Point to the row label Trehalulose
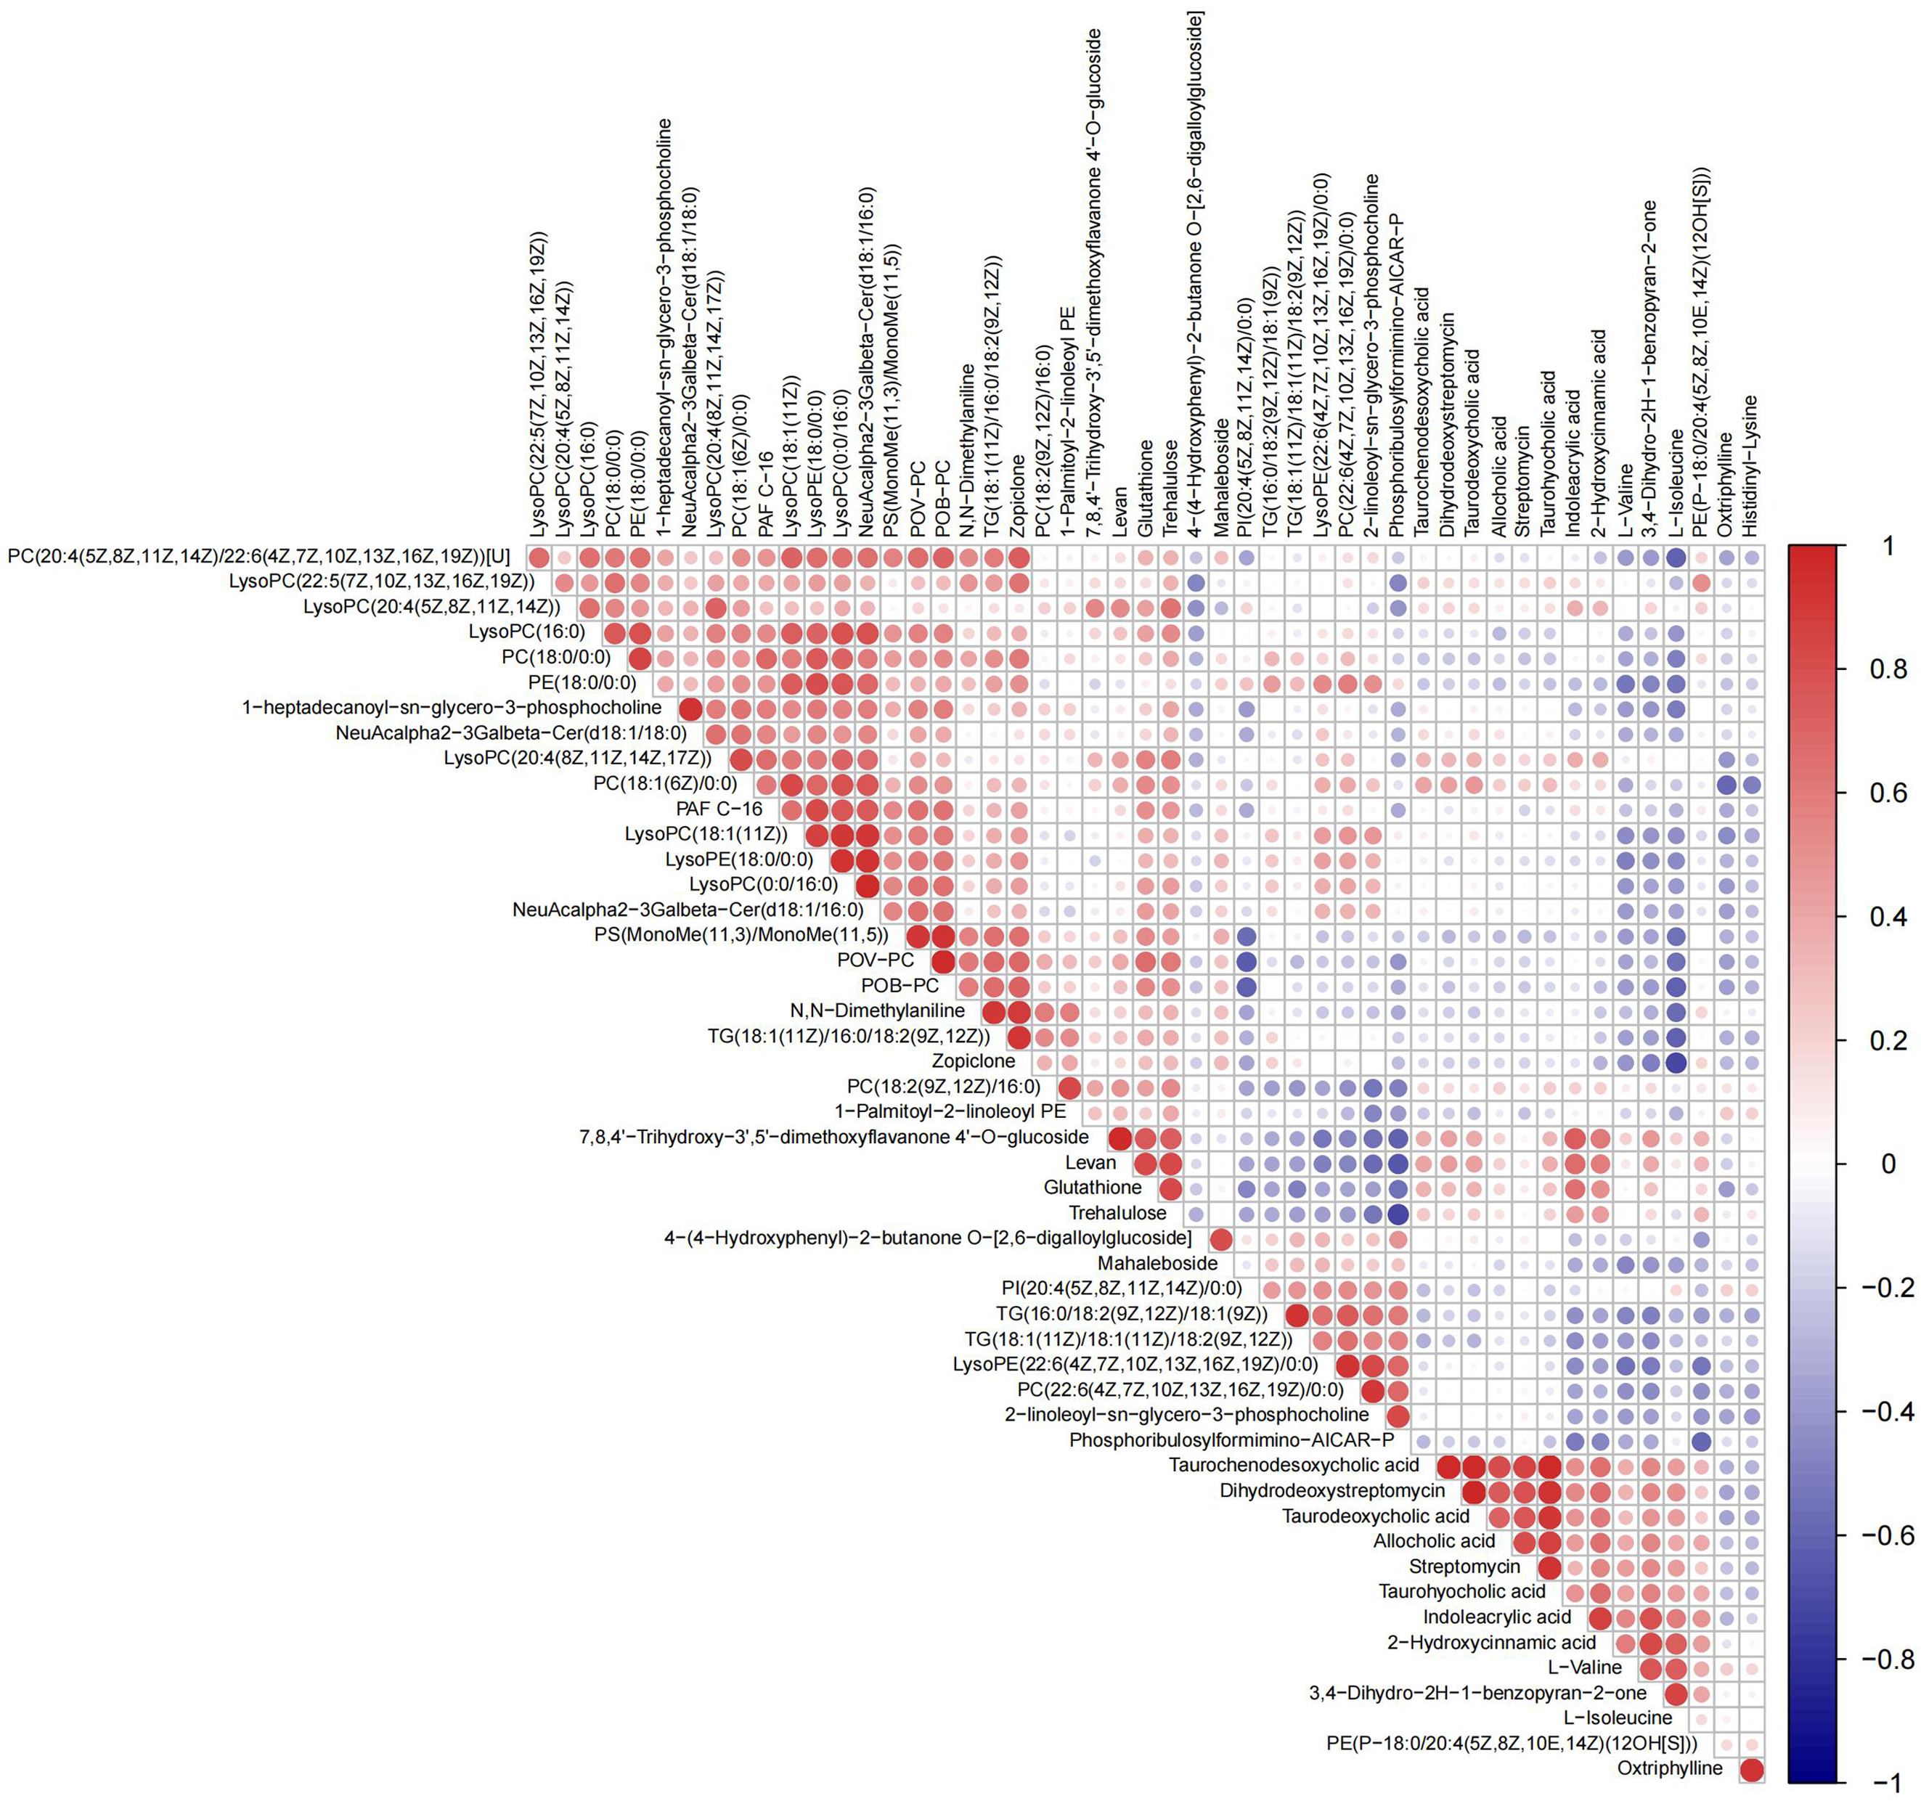pos(1117,1212)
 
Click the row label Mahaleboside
pos(1158,1263)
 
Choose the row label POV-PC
pos(876,960)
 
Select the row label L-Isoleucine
pos(1618,1717)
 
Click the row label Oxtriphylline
pos(1670,1768)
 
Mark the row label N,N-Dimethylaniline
pos(878,1010)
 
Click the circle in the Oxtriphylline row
pos(1751,1768)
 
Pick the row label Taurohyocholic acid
pos(1462,1591)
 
